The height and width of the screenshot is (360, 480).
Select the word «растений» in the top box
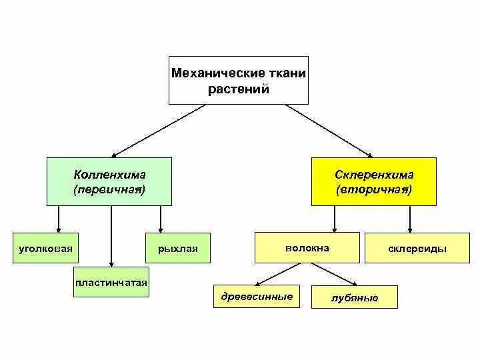(x=239, y=89)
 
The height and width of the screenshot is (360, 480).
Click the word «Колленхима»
(x=110, y=175)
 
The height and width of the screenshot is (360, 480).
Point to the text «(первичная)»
(x=110, y=189)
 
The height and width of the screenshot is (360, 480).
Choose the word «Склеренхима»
(x=374, y=175)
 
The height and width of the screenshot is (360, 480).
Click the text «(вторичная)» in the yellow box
(x=374, y=190)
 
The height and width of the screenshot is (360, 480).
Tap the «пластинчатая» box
(x=111, y=283)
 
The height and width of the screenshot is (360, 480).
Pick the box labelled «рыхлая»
(x=178, y=249)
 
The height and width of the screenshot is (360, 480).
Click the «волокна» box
(x=307, y=248)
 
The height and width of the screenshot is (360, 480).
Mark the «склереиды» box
(x=417, y=249)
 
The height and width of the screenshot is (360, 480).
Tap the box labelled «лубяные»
(x=354, y=297)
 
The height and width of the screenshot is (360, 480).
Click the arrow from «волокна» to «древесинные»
(x=278, y=274)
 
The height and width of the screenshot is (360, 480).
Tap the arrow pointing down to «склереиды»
(x=409, y=219)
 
